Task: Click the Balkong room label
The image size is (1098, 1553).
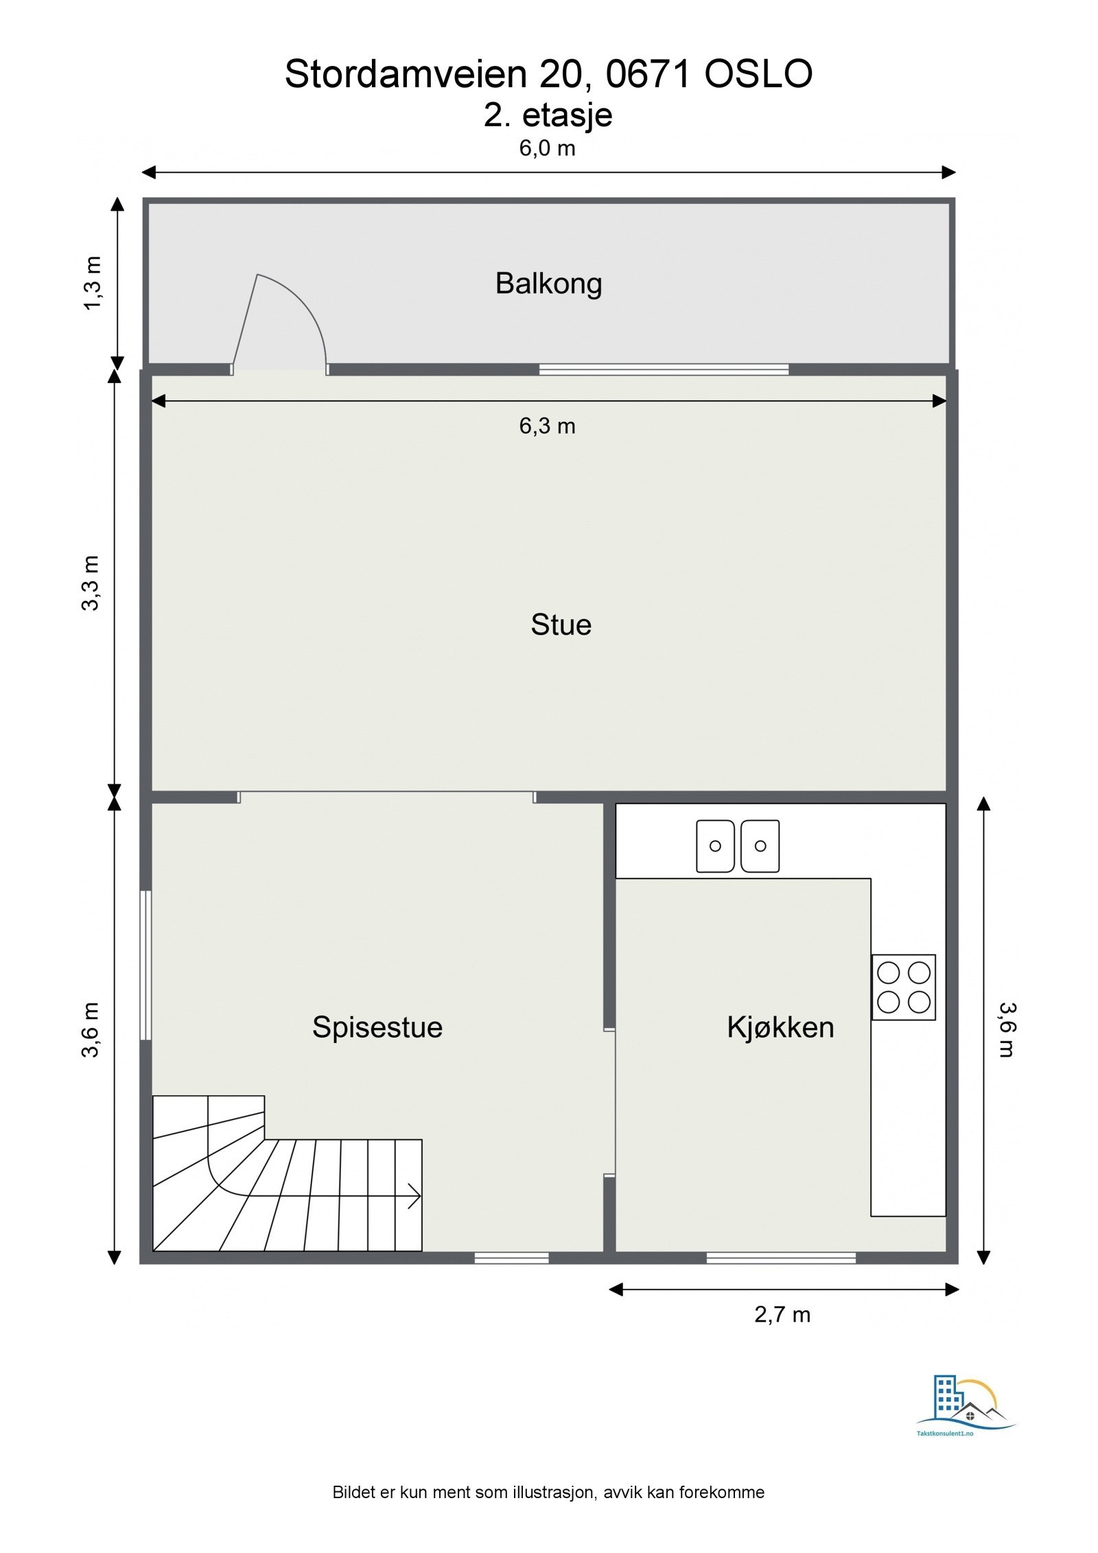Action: (x=548, y=283)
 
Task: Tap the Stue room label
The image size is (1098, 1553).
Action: (x=561, y=624)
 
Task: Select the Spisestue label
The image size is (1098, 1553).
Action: (x=377, y=1027)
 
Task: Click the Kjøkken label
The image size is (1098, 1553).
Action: (x=780, y=1027)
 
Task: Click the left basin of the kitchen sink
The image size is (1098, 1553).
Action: (x=715, y=845)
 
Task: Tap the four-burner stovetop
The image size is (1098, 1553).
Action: (x=903, y=987)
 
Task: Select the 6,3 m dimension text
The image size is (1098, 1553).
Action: (x=547, y=426)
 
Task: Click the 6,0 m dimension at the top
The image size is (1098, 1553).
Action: (x=547, y=148)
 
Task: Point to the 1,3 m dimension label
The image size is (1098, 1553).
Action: (x=93, y=283)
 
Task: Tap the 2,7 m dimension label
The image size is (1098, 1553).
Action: (x=782, y=1315)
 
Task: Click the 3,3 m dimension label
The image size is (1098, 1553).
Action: (x=91, y=583)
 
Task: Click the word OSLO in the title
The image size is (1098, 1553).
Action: (x=758, y=74)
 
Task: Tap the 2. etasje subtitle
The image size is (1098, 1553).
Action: (x=548, y=115)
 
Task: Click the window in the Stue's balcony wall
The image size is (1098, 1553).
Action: (x=664, y=369)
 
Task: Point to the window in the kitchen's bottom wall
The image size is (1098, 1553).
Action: (x=781, y=1258)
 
